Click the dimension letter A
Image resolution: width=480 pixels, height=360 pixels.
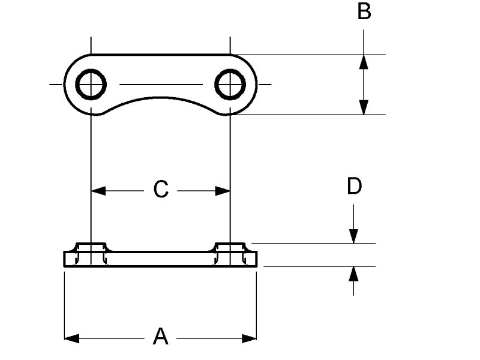click(x=160, y=337)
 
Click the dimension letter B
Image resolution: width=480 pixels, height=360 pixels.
click(x=364, y=11)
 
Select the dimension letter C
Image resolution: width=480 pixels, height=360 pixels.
click(x=160, y=190)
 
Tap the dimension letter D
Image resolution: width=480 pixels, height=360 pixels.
click(x=355, y=187)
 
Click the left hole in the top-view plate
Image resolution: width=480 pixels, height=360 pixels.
click(x=91, y=84)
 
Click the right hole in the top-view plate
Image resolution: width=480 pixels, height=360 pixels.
click(x=230, y=84)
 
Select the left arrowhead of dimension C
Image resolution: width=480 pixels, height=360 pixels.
click(x=98, y=191)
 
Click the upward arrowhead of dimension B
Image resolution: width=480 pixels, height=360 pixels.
click(x=364, y=62)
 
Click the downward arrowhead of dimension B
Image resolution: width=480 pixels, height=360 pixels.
click(x=364, y=107)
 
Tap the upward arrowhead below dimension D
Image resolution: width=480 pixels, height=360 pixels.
click(x=354, y=274)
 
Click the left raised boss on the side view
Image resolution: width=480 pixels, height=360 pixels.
click(x=91, y=247)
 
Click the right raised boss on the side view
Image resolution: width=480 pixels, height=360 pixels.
click(x=230, y=247)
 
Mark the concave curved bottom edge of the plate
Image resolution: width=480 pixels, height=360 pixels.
click(x=160, y=98)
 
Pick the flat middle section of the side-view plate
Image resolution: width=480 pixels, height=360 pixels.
click(x=160, y=259)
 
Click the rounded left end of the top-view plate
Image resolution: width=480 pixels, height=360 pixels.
click(x=67, y=84)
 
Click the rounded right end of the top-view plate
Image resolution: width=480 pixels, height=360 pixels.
click(x=254, y=84)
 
